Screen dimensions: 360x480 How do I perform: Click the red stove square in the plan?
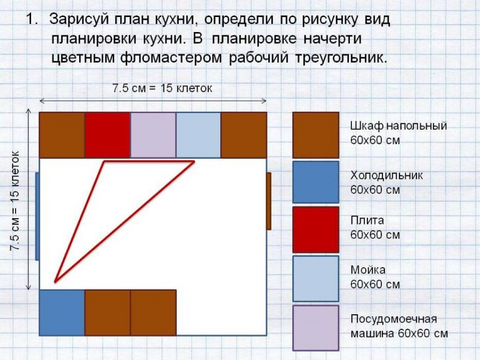[107, 135]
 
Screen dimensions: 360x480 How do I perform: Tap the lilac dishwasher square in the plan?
[153, 135]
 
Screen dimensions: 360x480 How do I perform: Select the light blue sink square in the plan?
[198, 135]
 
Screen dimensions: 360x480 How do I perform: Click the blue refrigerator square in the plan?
[62, 312]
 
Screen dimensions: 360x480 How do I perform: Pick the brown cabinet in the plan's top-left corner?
[62, 135]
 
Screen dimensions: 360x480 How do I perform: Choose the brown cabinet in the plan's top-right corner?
[243, 135]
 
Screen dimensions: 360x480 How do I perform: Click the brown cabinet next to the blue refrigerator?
[107, 312]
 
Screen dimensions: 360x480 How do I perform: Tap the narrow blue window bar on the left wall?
[37, 216]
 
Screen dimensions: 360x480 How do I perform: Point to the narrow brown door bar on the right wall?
[269, 201]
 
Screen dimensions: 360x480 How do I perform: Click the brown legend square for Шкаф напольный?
[315, 135]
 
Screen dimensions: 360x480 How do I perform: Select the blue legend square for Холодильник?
[315, 182]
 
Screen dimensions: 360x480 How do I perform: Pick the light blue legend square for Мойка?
[315, 278]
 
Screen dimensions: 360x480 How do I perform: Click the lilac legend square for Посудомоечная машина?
[315, 327]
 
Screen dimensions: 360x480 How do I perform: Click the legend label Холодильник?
[387, 175]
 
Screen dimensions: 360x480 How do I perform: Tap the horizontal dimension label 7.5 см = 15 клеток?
[162, 88]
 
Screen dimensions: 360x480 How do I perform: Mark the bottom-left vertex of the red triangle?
[55, 281]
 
